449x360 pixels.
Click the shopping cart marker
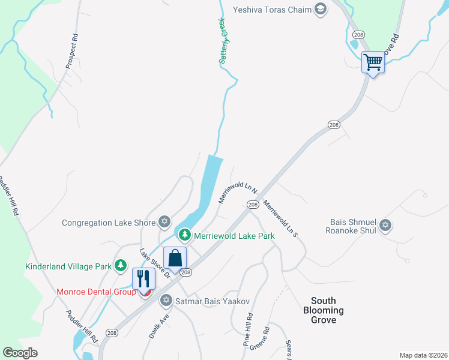373,62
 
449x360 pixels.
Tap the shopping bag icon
175,259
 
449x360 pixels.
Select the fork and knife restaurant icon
144,278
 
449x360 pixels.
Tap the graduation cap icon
320,8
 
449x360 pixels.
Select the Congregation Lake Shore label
109,223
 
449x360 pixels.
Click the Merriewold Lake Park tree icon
185,235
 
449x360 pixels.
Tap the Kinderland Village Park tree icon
121,265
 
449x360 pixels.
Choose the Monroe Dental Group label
96,292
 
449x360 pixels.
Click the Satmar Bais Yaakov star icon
166,301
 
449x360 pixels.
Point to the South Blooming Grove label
323,310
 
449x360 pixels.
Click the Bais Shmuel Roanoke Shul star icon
385,226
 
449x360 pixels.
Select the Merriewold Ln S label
281,217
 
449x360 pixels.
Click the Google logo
20,353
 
